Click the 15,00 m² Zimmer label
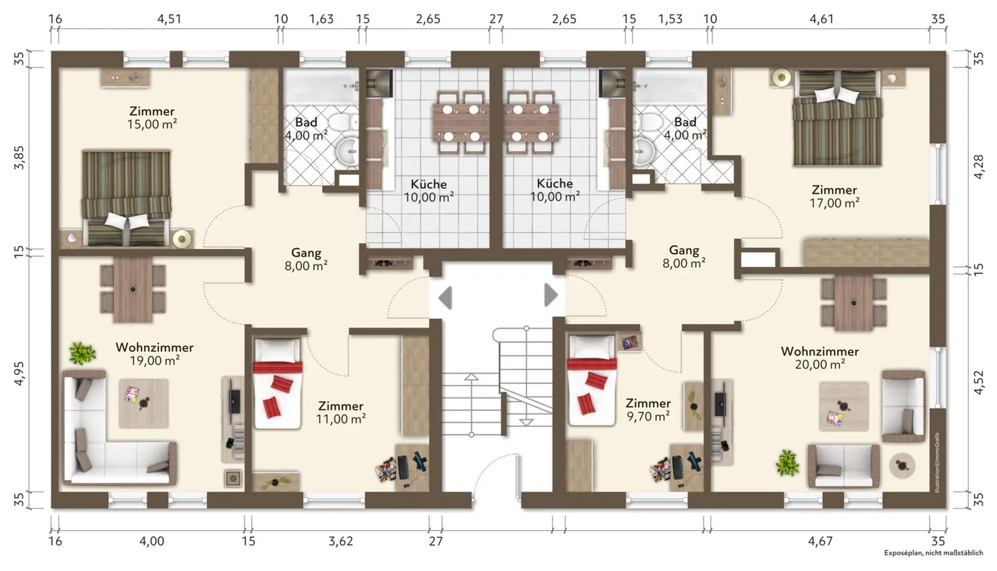(x=152, y=118)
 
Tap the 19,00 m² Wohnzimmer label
(x=154, y=354)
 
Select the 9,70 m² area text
(x=648, y=417)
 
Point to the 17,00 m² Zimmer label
(x=834, y=197)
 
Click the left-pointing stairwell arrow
(x=446, y=298)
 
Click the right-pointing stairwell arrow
(x=551, y=295)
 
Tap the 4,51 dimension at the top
(x=169, y=19)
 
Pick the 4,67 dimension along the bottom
(x=820, y=541)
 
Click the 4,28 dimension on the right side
(x=979, y=166)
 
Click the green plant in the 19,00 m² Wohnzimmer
(x=82, y=354)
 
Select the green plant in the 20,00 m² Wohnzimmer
(x=787, y=463)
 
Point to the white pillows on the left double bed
(x=127, y=221)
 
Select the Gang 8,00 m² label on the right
(x=684, y=257)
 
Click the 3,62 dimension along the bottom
(x=341, y=541)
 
